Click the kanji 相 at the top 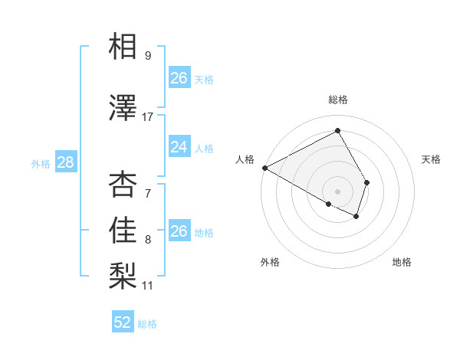(123, 47)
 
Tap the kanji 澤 (123, 108)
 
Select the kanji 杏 (123, 185)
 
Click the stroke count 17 (148, 116)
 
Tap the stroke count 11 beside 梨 (148, 286)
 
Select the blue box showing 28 (65, 162)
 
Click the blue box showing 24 (179, 147)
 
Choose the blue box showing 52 (123, 322)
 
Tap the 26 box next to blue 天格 (179, 78)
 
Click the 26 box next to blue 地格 (179, 231)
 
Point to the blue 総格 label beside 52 (147, 324)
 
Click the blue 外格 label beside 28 (41, 163)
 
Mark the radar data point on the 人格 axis (264, 168)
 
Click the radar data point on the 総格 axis (337, 130)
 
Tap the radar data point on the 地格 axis (356, 217)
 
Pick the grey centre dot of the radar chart (337, 190)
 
